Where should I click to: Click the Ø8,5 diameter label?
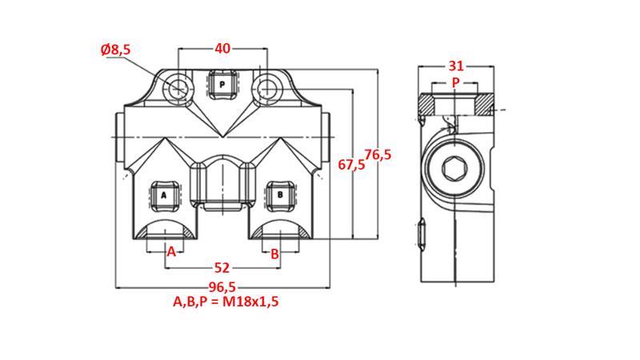tap(116, 50)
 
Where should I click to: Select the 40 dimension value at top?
tap(222, 49)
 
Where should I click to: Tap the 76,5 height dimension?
tap(378, 155)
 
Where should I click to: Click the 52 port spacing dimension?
tap(222, 267)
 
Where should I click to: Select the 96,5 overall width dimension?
tap(222, 286)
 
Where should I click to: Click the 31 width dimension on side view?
tap(456, 66)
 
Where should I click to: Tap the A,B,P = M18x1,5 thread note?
tap(226, 302)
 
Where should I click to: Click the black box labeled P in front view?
tap(222, 83)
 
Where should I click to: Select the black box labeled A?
tap(164, 194)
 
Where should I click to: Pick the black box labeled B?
tap(280, 194)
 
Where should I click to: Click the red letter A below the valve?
tap(170, 253)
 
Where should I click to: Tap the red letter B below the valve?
tap(274, 253)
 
